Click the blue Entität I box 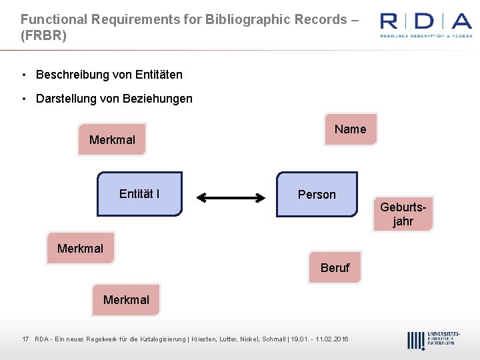[x=139, y=194]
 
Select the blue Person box [x=317, y=195]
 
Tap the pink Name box [x=350, y=129]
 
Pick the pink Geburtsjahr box [x=403, y=214]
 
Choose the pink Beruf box [x=335, y=267]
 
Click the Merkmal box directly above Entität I [x=112, y=139]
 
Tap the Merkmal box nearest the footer [x=126, y=299]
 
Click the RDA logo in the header [x=425, y=25]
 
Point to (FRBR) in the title [x=43, y=36]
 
